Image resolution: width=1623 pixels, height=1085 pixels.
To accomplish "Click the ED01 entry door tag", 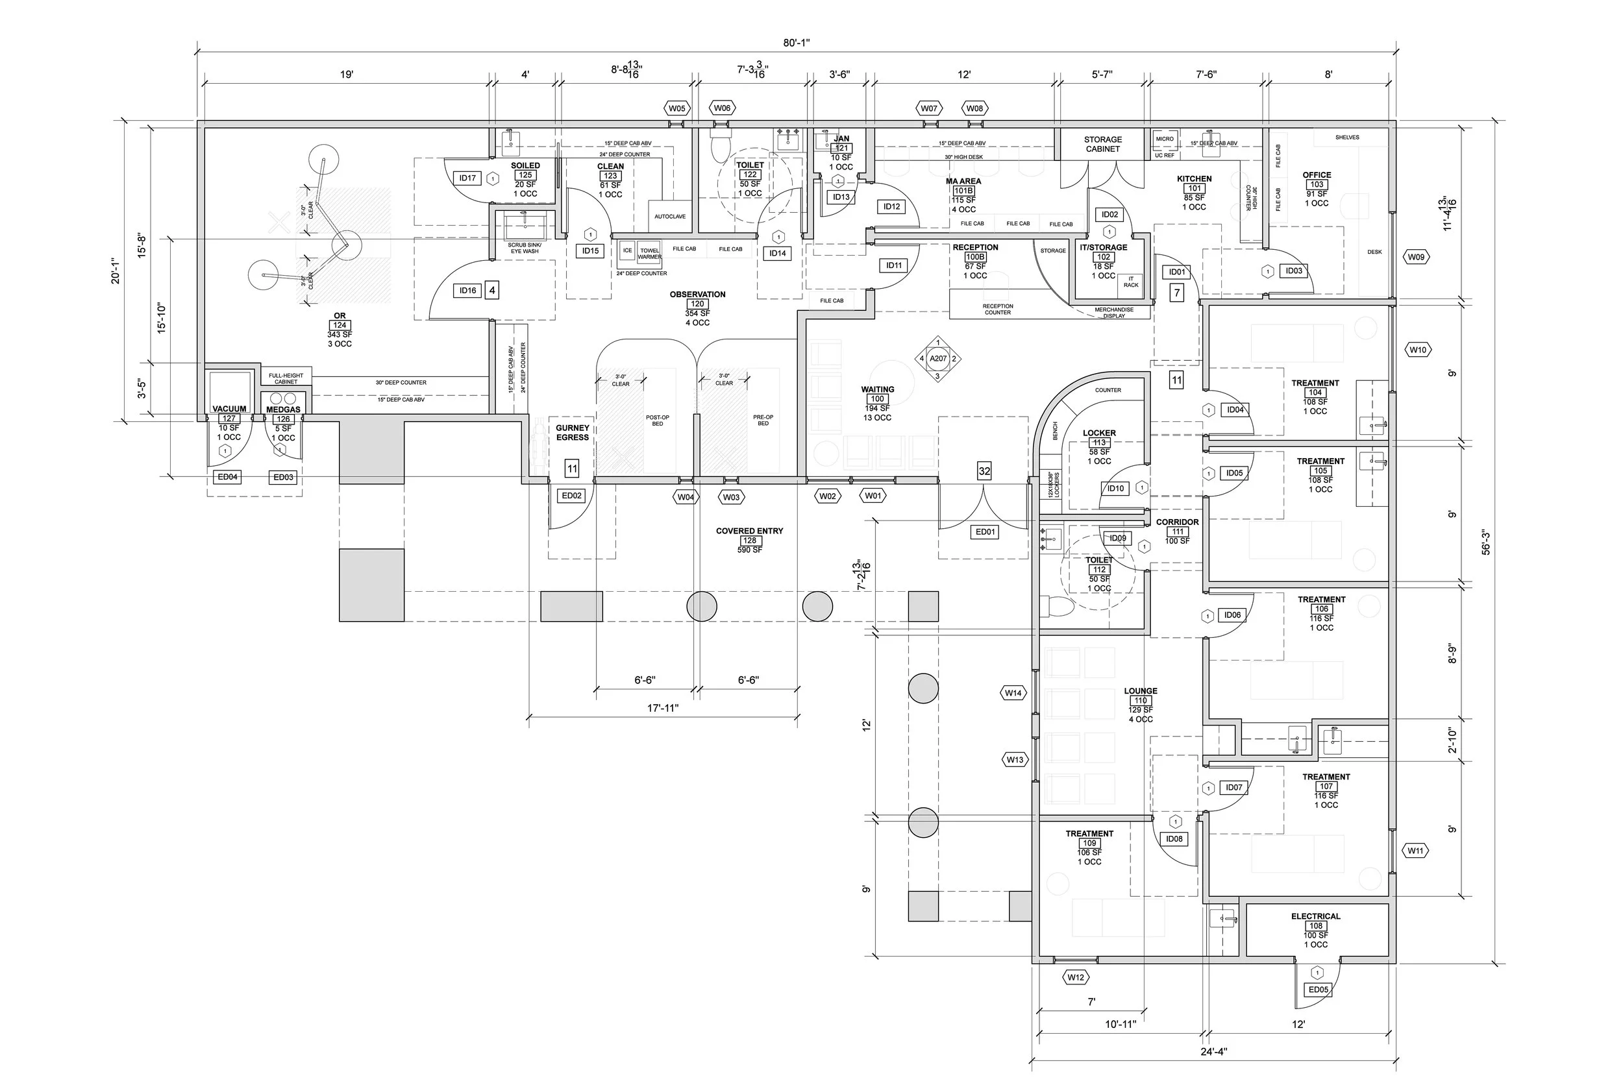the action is tap(985, 532).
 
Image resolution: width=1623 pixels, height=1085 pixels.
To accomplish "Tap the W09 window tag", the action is tap(1416, 258).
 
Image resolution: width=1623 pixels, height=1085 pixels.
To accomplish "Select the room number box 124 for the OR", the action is tap(339, 325).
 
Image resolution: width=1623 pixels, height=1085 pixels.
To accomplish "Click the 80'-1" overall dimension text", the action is tap(797, 43).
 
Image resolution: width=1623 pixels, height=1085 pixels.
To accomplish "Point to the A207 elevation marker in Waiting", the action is tap(938, 358).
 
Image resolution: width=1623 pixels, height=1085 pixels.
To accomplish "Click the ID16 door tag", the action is tap(468, 291).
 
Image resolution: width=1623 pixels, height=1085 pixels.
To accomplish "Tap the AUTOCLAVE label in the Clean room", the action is tap(670, 217).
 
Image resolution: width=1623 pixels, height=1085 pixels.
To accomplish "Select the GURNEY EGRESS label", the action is tap(573, 432).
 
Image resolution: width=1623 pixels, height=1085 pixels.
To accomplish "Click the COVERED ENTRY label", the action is tap(750, 531).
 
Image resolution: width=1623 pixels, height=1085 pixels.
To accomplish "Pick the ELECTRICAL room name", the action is tap(1316, 916).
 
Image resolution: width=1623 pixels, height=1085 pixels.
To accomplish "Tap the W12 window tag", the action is tap(1076, 978).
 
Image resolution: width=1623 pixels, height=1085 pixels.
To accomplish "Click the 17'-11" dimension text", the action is tap(663, 708).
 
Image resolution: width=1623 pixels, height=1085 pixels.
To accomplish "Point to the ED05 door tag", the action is tap(1319, 990).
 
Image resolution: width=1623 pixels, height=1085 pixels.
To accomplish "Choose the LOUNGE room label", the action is tap(1141, 690).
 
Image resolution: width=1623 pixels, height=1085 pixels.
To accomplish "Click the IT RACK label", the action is tap(1131, 282).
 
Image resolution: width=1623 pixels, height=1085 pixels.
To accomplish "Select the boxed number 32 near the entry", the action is tap(984, 472).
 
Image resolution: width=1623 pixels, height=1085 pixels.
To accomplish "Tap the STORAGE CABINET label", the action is tap(1102, 144).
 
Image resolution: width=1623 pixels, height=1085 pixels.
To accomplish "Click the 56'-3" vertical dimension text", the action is tap(1486, 542).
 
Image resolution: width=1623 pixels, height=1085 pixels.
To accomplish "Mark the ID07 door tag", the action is tap(1234, 787).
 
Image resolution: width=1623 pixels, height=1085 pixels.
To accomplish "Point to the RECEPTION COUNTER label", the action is tap(997, 310).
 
